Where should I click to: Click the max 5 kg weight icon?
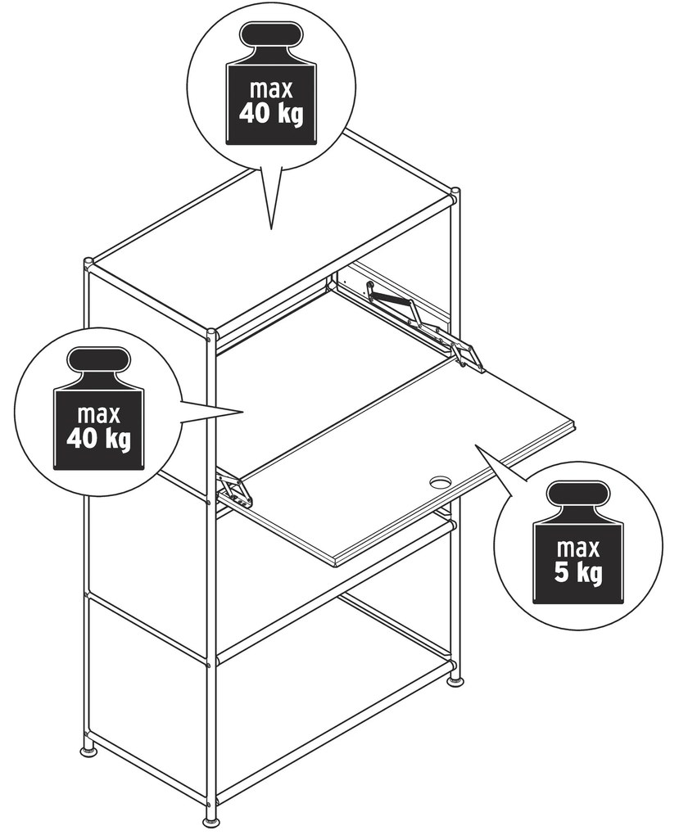(577, 544)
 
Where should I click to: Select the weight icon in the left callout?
(98, 409)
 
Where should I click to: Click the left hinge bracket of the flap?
(233, 490)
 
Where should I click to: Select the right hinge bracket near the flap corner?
(468, 356)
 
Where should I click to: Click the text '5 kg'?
(577, 573)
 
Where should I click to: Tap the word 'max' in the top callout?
(271, 88)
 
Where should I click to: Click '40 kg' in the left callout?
(98, 439)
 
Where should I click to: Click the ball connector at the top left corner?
(88, 263)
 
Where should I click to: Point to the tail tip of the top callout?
(271, 229)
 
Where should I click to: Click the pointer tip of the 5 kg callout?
(476, 445)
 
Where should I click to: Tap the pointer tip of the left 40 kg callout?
(242, 412)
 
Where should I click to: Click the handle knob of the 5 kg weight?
(577, 495)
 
